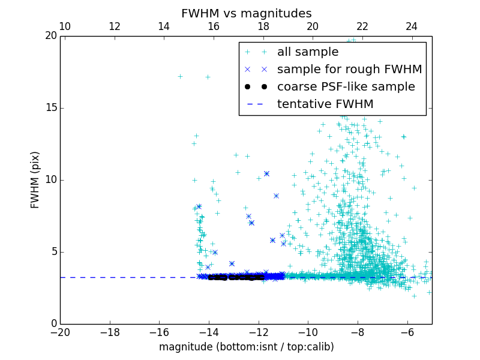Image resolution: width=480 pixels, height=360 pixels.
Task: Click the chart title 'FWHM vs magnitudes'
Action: [246, 13]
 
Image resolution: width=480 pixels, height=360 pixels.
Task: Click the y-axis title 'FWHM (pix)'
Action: [35, 180]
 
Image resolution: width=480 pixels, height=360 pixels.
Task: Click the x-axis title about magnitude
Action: [246, 347]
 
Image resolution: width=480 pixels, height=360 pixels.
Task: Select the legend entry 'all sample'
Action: [308, 52]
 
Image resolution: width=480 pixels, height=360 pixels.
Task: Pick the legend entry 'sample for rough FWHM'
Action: [349, 70]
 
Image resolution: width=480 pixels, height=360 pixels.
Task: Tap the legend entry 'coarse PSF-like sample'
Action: [346, 87]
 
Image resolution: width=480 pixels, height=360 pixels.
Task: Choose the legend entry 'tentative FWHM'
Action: [325, 104]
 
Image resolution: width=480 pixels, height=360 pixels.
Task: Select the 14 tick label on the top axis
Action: [164, 26]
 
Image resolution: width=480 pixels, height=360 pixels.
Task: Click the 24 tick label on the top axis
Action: [412, 26]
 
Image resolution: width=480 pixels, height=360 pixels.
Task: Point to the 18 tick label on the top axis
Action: [263, 26]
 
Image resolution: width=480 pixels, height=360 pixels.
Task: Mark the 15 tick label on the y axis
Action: [50, 108]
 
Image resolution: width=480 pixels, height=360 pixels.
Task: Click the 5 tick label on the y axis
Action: [53, 252]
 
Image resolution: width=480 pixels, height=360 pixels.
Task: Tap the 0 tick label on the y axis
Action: [53, 324]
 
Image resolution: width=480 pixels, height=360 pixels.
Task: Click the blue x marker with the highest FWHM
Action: [266, 173]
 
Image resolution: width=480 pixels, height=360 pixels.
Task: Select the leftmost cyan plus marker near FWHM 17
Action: [180, 76]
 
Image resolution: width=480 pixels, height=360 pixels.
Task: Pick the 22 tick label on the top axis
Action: [362, 26]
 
